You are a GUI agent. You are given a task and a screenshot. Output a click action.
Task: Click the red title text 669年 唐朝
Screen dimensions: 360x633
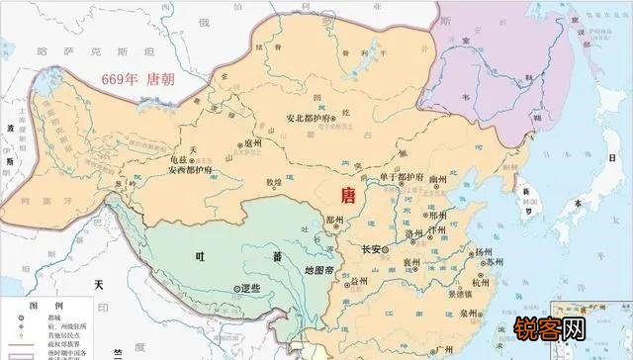point(132,80)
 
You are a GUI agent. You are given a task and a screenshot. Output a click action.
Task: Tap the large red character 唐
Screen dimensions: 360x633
point(348,194)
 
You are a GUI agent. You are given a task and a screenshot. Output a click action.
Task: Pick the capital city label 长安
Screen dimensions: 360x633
point(373,249)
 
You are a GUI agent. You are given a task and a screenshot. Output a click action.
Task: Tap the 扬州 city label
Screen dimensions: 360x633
point(485,253)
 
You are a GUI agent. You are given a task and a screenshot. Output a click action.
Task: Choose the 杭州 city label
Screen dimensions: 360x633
point(482,281)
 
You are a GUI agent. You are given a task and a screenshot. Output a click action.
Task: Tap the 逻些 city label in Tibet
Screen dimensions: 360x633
point(249,288)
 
